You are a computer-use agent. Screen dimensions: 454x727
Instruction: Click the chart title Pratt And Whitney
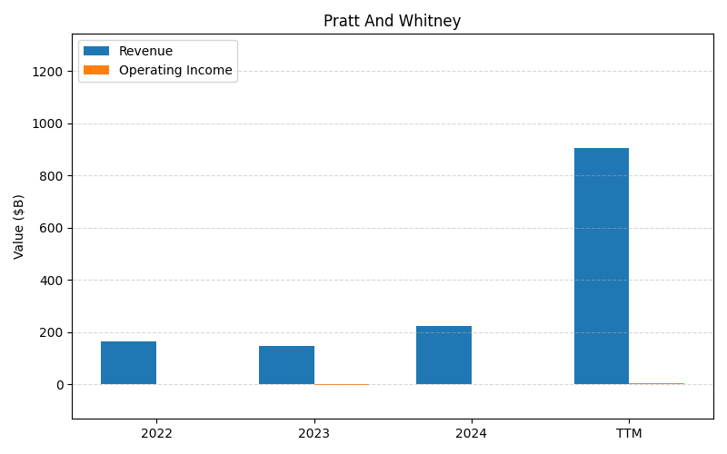392,21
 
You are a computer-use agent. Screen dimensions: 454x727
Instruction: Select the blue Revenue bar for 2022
128,362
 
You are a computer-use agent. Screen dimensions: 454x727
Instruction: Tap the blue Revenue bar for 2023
286,365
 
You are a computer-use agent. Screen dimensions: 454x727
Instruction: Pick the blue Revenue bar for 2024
443,355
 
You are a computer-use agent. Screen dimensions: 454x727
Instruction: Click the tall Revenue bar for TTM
601,266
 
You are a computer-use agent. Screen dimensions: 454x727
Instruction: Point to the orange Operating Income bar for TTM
656,383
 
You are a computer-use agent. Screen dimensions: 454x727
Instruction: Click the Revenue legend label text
145,52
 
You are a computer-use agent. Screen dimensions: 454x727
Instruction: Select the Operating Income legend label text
175,70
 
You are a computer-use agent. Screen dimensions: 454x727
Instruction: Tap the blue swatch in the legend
96,52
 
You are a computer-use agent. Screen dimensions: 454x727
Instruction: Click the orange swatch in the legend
96,70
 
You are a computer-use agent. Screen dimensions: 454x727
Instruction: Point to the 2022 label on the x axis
156,434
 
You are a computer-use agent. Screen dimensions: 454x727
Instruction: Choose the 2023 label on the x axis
314,434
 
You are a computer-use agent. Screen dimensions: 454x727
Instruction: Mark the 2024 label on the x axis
471,434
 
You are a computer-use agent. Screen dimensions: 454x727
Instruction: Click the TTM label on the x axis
629,434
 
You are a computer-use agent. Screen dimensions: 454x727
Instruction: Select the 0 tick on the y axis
60,385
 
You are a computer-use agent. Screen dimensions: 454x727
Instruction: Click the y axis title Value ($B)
19,226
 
